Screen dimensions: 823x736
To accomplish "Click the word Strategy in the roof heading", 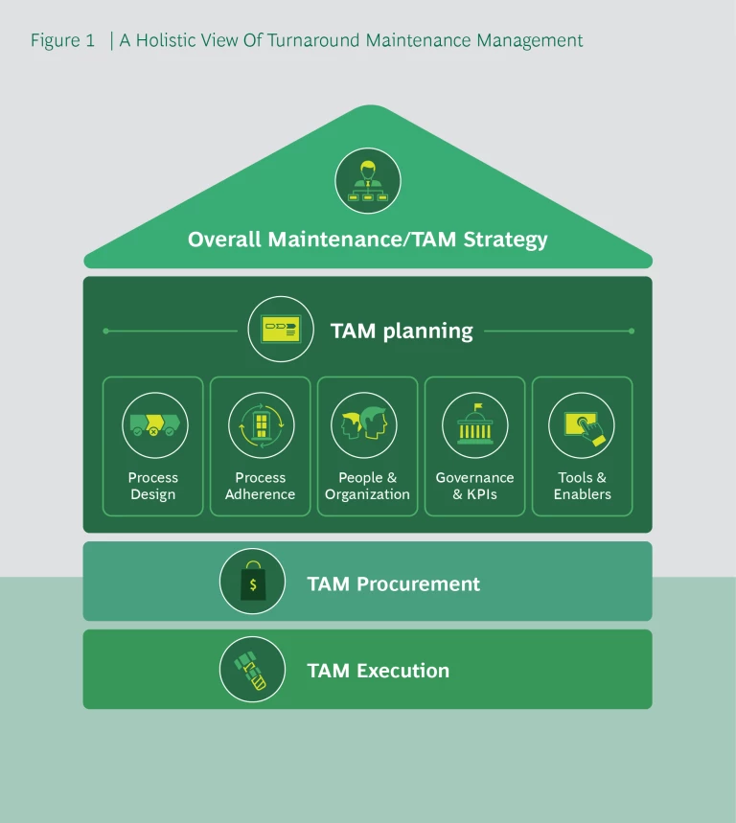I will click(x=505, y=240).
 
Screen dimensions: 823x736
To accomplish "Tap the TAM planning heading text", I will click(x=402, y=331).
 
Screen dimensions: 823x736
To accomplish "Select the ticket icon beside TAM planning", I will click(x=281, y=330).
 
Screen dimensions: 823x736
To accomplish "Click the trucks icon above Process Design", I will click(x=153, y=425).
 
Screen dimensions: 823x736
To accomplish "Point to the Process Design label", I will click(x=153, y=486).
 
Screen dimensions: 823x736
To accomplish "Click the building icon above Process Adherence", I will click(x=261, y=425).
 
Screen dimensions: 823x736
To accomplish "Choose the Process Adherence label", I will click(x=261, y=486).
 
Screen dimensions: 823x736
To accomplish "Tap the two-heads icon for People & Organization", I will click(x=367, y=425).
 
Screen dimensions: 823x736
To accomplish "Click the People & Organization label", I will click(x=367, y=486).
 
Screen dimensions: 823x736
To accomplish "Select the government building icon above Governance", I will click(x=474, y=425).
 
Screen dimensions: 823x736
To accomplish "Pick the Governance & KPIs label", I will click(x=474, y=486).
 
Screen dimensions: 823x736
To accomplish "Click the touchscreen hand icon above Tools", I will click(x=582, y=425).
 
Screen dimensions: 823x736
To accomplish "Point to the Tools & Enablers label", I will click(x=582, y=486).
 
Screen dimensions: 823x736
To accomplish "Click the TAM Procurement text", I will click(x=393, y=583).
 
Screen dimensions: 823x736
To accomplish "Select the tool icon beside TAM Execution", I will click(x=253, y=670).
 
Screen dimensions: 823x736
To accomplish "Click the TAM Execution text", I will click(x=378, y=671).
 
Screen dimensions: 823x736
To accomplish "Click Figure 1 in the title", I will click(x=62, y=40).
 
